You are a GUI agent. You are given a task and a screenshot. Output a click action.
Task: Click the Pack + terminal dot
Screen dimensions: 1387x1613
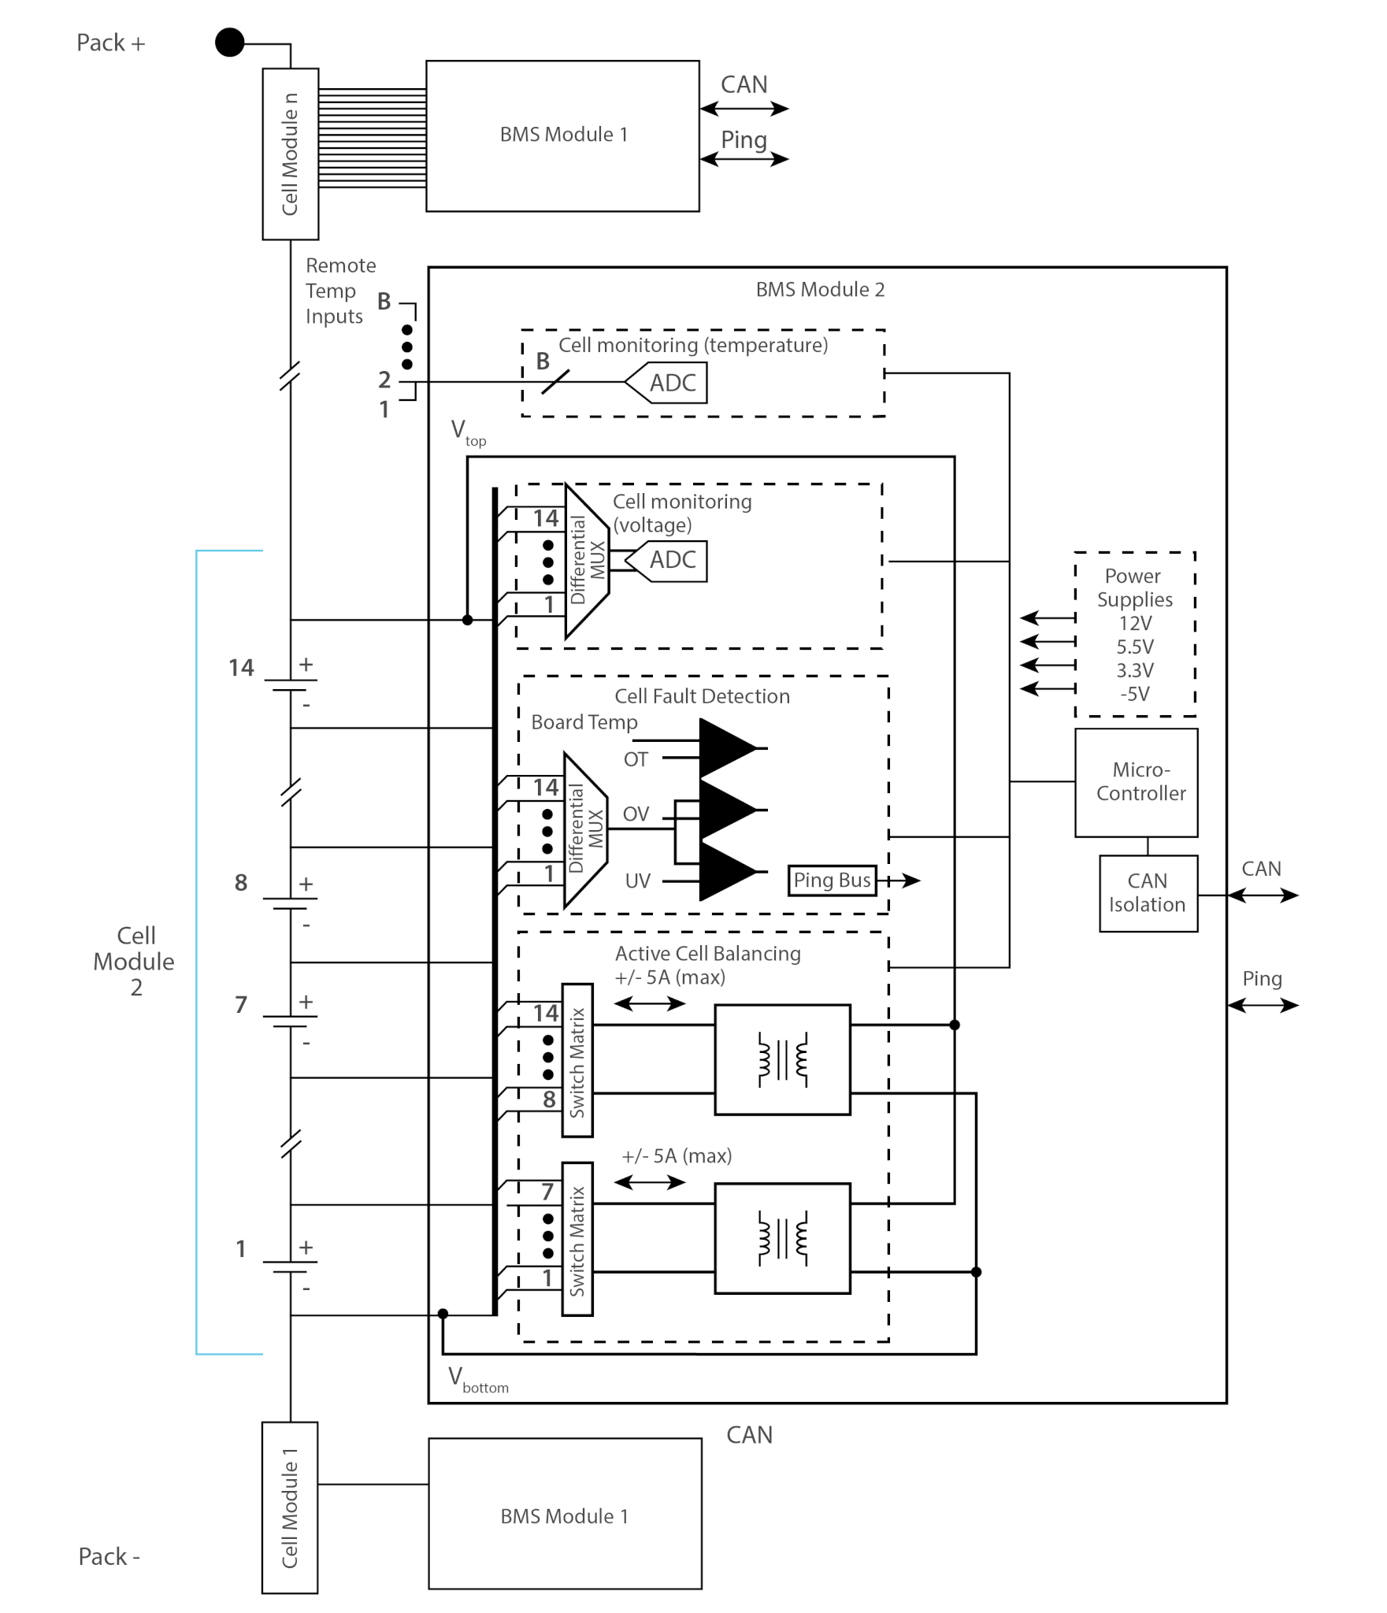[230, 43]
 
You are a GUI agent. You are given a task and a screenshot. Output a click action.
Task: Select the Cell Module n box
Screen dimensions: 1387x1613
[291, 154]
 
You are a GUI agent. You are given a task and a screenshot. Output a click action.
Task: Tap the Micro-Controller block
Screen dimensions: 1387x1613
[1136, 782]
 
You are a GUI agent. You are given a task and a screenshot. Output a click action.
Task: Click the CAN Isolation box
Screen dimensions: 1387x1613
[1148, 893]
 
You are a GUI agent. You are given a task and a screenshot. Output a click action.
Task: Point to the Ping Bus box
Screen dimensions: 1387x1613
[832, 880]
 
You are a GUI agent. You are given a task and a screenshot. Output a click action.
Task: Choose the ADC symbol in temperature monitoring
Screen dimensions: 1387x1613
[666, 383]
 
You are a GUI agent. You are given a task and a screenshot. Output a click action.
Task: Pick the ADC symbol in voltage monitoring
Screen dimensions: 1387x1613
[666, 561]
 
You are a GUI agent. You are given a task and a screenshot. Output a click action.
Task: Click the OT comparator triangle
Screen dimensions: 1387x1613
[729, 747]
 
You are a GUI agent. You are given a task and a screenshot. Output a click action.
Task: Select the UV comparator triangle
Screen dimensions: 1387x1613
[729, 871]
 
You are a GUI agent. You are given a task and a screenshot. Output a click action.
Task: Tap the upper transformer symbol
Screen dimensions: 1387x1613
[783, 1059]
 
